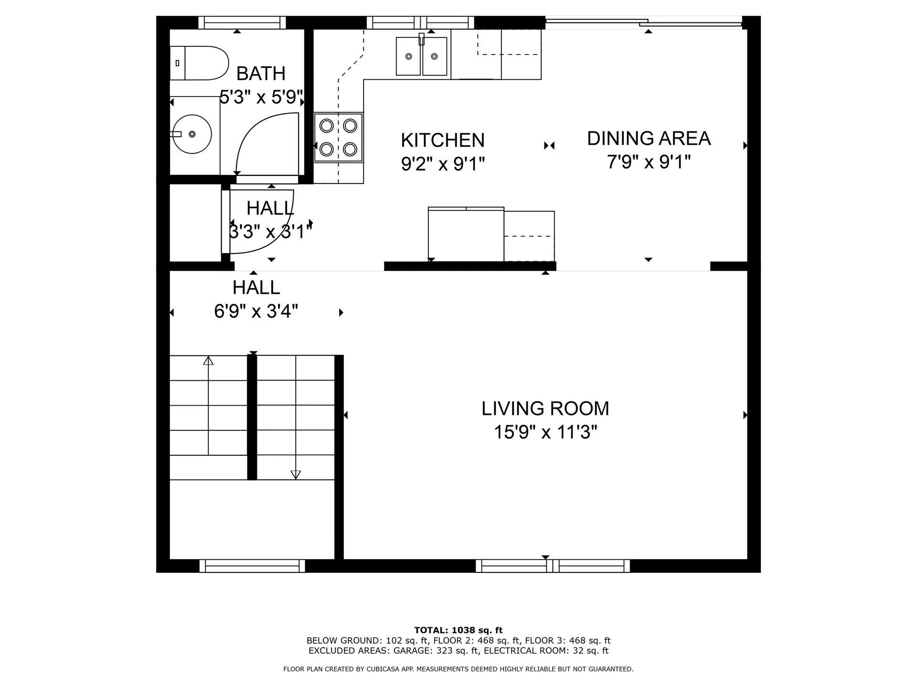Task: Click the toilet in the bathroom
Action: [200, 63]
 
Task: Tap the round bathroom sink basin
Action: [192, 134]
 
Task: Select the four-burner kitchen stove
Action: [338, 138]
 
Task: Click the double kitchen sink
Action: [421, 56]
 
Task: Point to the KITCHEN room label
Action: [443, 140]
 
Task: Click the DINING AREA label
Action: [649, 139]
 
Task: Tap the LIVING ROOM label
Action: [545, 408]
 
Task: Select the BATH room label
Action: [261, 74]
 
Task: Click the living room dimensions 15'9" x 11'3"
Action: [545, 432]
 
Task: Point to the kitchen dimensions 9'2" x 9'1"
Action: [443, 164]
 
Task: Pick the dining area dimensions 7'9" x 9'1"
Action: [649, 162]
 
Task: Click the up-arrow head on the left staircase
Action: [208, 361]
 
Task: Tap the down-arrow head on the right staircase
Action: [296, 474]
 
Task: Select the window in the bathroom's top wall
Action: [242, 22]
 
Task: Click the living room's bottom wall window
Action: [553, 566]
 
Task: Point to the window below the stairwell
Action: [252, 566]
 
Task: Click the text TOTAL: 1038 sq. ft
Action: [458, 630]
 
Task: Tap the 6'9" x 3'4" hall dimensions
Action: [256, 312]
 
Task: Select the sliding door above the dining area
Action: [644, 22]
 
